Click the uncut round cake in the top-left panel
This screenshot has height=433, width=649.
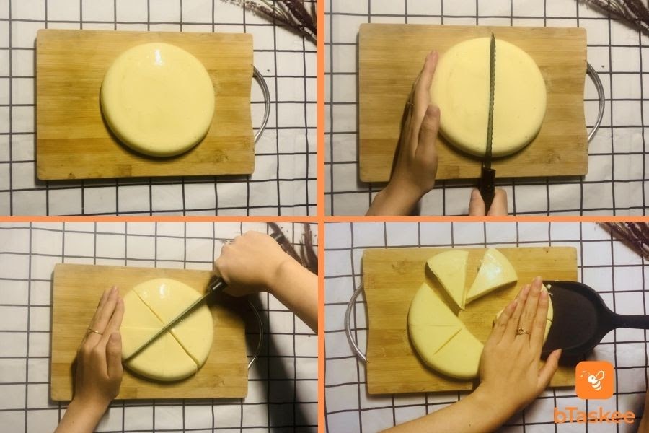coord(158,100)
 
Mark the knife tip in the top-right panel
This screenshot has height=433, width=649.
coord(493,34)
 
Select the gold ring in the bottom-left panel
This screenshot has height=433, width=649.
coord(94,331)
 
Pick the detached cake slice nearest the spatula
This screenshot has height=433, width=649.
coord(492,276)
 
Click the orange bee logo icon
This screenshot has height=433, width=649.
coord(595,380)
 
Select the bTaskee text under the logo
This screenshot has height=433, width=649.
coord(594,416)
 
